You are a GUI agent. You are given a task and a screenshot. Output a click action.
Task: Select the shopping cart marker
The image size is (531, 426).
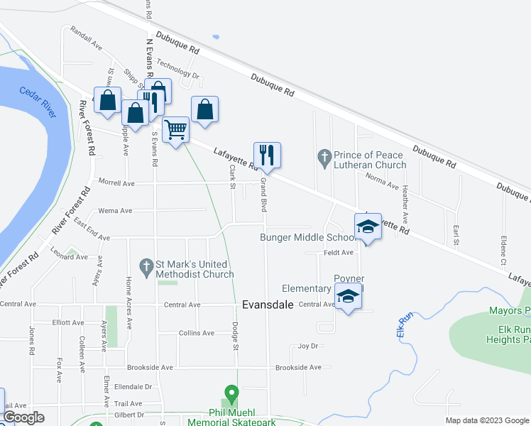(175, 130)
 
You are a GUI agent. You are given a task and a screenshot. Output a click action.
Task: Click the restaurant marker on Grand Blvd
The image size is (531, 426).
(267, 155)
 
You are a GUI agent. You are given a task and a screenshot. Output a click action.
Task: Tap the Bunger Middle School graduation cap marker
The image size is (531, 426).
(368, 227)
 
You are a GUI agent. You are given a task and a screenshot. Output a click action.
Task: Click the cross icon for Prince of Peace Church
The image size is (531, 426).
(324, 155)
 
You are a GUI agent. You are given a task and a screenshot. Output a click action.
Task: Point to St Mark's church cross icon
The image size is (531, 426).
(146, 267)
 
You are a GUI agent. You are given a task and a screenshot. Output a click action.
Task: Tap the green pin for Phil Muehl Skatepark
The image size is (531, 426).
(231, 393)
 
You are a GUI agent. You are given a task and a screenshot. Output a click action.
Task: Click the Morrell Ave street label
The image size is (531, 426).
(116, 183)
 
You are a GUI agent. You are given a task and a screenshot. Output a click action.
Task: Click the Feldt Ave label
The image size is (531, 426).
(338, 252)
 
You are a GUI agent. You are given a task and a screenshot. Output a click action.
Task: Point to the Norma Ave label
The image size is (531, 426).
(382, 180)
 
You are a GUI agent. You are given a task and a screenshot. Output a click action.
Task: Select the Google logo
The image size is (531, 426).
(24, 417)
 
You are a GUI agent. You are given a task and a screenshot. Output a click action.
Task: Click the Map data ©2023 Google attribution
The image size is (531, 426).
(486, 420)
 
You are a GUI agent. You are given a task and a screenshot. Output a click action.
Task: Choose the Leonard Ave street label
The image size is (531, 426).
(70, 257)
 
